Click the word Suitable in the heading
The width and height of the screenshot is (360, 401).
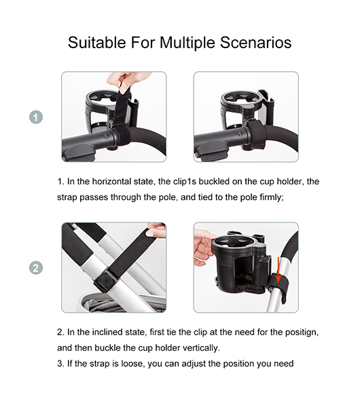pos(96,42)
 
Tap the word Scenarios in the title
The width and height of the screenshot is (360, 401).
pos(256,42)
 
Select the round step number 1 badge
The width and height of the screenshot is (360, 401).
pos(36,117)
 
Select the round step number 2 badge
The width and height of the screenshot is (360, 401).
pos(36,268)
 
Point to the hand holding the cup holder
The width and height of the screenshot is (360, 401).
pos(203,248)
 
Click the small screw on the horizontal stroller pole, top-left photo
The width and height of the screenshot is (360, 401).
pos(105,136)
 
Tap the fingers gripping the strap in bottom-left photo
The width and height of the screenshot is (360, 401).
pos(156,229)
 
